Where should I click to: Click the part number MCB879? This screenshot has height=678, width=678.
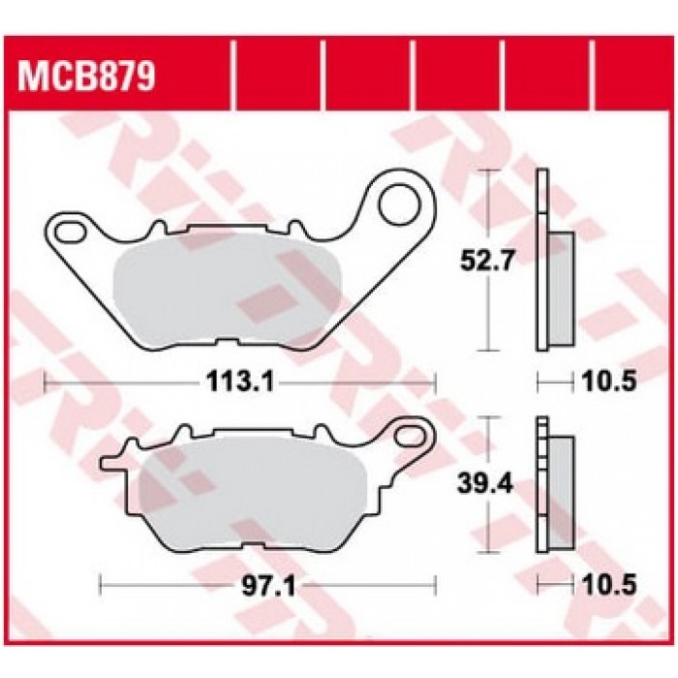(x=86, y=77)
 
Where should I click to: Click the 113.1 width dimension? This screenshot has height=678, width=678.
(x=240, y=382)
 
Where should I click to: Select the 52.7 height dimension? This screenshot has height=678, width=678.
(x=487, y=261)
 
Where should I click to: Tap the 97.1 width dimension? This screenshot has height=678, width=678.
(x=268, y=586)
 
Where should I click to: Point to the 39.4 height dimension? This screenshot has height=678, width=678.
(x=485, y=485)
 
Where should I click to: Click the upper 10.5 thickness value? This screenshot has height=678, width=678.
(x=609, y=382)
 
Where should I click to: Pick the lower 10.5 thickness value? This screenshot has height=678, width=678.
(x=609, y=585)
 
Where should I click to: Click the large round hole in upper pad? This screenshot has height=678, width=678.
(x=399, y=204)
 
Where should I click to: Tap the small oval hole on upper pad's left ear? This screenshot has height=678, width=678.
(x=71, y=231)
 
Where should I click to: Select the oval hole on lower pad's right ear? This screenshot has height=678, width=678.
(x=411, y=435)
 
